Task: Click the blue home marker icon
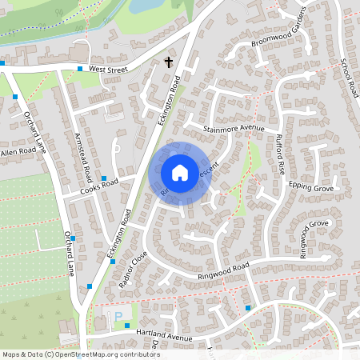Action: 180,172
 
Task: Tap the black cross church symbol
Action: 169,62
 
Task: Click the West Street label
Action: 109,70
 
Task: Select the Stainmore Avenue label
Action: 234,128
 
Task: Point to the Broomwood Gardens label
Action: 279,30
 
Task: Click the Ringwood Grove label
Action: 314,238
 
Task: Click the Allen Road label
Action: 18,150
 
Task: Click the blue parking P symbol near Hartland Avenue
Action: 118,318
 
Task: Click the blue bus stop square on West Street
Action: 80,70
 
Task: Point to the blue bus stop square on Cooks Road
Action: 104,178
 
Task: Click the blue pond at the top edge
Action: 144,6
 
